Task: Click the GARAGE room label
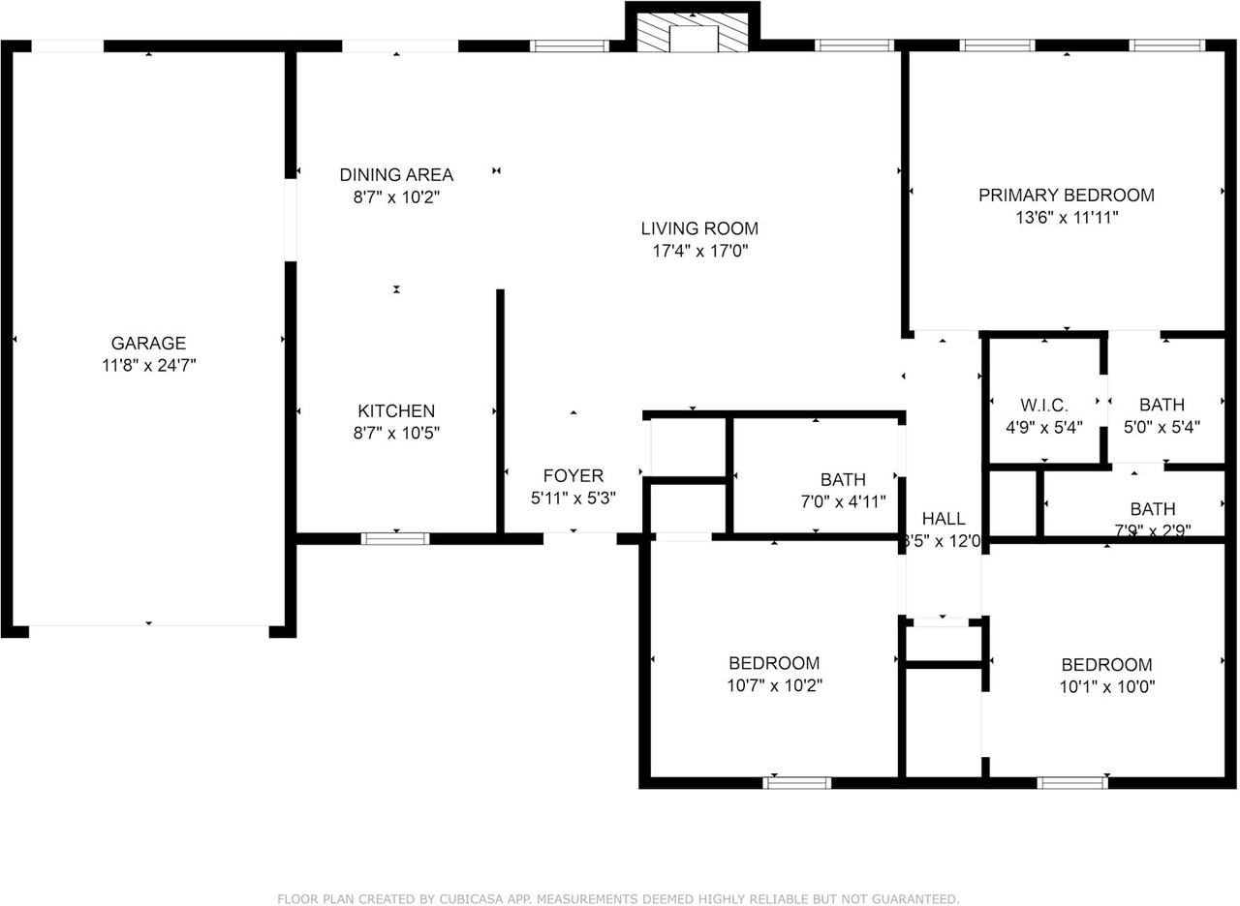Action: click(x=148, y=343)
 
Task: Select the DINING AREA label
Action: click(x=396, y=175)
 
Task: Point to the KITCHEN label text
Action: click(x=396, y=410)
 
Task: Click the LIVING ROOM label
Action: click(x=699, y=228)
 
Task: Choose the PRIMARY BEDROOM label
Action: click(x=1066, y=195)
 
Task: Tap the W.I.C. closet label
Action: click(x=1044, y=405)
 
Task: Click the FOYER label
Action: click(x=573, y=475)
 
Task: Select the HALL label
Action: click(x=943, y=519)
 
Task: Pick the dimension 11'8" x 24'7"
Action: click(x=148, y=366)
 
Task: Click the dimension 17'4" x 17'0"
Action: click(x=699, y=252)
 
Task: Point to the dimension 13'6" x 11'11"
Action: click(x=1066, y=218)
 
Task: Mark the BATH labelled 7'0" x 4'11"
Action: click(x=843, y=479)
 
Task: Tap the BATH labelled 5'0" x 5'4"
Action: click(x=1162, y=405)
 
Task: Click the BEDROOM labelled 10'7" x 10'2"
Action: click(x=774, y=663)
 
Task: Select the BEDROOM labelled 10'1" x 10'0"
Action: click(x=1106, y=665)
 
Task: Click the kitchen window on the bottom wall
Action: click(x=395, y=538)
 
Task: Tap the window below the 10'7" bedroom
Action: click(x=796, y=782)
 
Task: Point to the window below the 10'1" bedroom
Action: click(x=1071, y=782)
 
